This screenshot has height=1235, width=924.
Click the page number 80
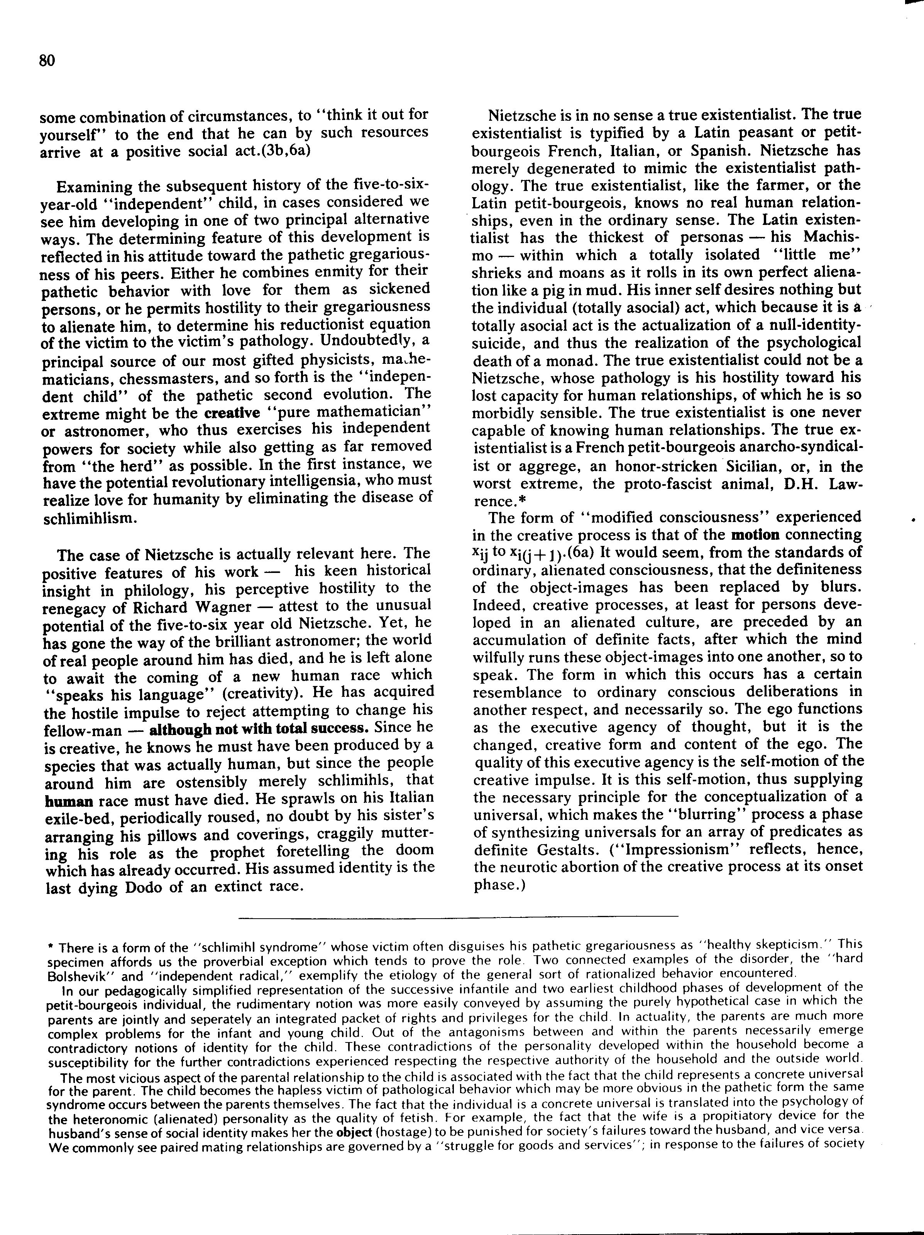(x=47, y=60)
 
